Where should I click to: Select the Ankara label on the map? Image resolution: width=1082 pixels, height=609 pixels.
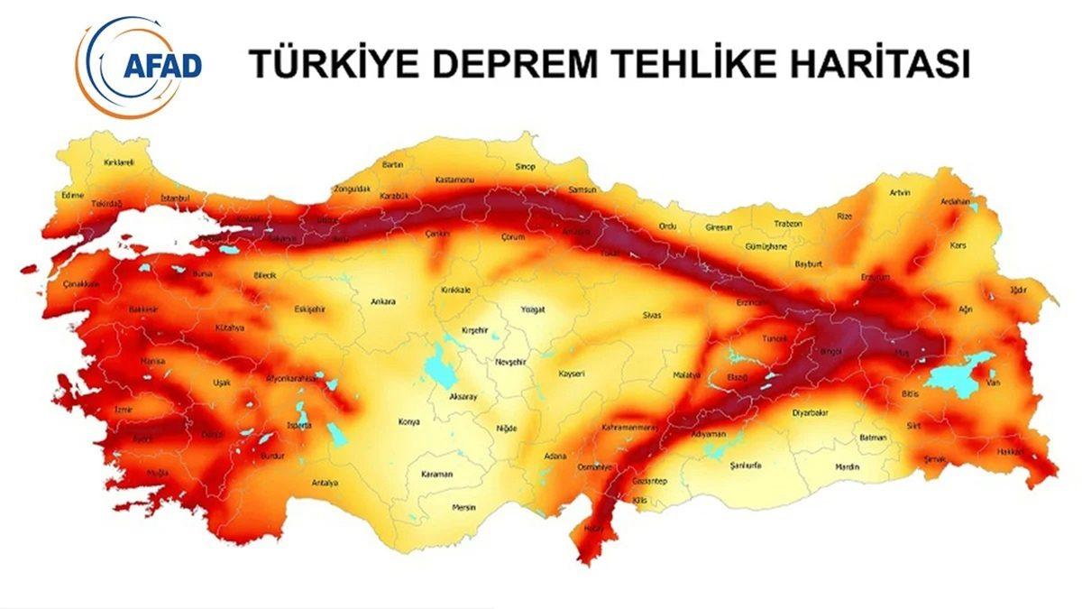(x=383, y=301)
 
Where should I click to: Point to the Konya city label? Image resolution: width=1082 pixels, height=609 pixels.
(x=408, y=421)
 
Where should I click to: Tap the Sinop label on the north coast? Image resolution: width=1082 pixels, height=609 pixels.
(x=524, y=167)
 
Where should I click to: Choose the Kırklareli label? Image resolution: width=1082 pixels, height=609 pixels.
(x=119, y=162)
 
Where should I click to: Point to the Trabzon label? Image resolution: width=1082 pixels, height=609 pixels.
(x=788, y=224)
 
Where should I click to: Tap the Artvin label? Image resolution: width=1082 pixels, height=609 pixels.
(x=900, y=193)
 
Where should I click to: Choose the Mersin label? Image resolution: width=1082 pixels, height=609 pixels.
(x=463, y=505)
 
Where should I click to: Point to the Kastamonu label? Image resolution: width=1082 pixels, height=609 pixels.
(x=454, y=180)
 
